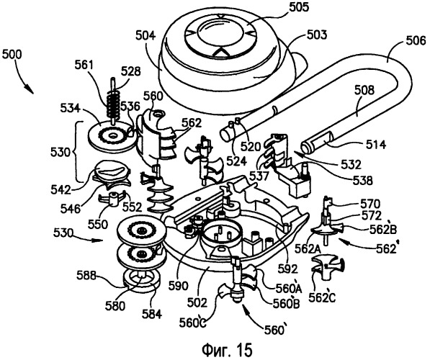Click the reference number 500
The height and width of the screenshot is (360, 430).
(x=12, y=55)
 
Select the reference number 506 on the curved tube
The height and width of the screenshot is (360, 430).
(x=415, y=41)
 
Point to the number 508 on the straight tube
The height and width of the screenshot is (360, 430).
(x=364, y=90)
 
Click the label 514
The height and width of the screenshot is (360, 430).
(x=375, y=144)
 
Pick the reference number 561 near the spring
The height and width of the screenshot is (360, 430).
(x=84, y=66)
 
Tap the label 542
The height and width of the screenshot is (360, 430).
(x=61, y=190)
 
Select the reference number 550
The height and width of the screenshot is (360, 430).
(x=98, y=225)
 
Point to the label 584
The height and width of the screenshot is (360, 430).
(x=152, y=314)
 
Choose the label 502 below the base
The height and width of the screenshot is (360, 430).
(x=198, y=302)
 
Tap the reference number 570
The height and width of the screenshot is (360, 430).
(x=369, y=204)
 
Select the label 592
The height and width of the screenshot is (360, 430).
(x=287, y=269)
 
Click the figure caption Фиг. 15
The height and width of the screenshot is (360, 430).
(x=227, y=350)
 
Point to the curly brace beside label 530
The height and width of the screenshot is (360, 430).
(x=78, y=151)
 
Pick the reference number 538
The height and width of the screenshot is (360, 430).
(x=362, y=181)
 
